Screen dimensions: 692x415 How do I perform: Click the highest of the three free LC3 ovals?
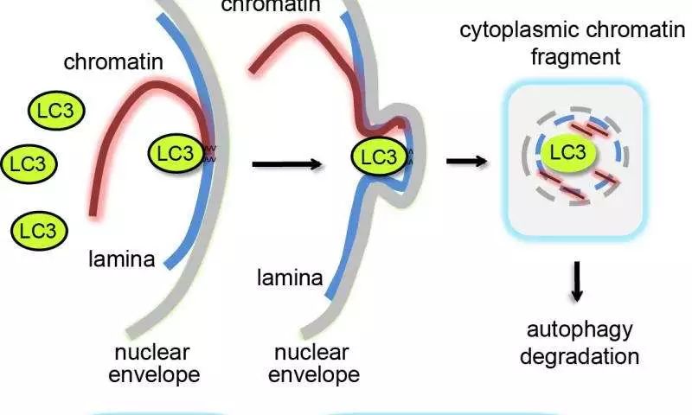click(x=56, y=111)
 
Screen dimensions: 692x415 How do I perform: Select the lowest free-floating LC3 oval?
click(x=39, y=231)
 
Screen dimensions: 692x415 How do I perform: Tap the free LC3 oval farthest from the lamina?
click(x=29, y=164)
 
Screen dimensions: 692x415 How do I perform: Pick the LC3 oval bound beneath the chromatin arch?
click(x=176, y=153)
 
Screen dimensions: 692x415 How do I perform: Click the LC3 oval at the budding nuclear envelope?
click(x=380, y=156)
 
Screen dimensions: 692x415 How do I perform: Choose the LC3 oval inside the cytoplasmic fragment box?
click(x=568, y=152)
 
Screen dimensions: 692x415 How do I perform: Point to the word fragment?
click(x=575, y=57)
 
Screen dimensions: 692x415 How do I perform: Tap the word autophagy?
click(x=580, y=330)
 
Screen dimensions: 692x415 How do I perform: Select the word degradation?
click(x=580, y=356)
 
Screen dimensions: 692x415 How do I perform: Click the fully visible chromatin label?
click(x=113, y=61)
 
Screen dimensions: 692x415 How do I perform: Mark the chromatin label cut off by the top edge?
click(x=271, y=6)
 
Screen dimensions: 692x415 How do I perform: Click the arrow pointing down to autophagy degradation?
click(x=576, y=281)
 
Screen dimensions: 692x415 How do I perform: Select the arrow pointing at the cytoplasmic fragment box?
click(x=467, y=162)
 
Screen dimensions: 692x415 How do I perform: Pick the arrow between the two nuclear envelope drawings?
click(x=287, y=164)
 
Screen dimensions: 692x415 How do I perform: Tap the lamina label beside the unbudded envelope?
click(x=122, y=259)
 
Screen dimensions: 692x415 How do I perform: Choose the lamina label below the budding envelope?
click(x=290, y=278)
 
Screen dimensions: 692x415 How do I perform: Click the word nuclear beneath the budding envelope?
click(x=311, y=353)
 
